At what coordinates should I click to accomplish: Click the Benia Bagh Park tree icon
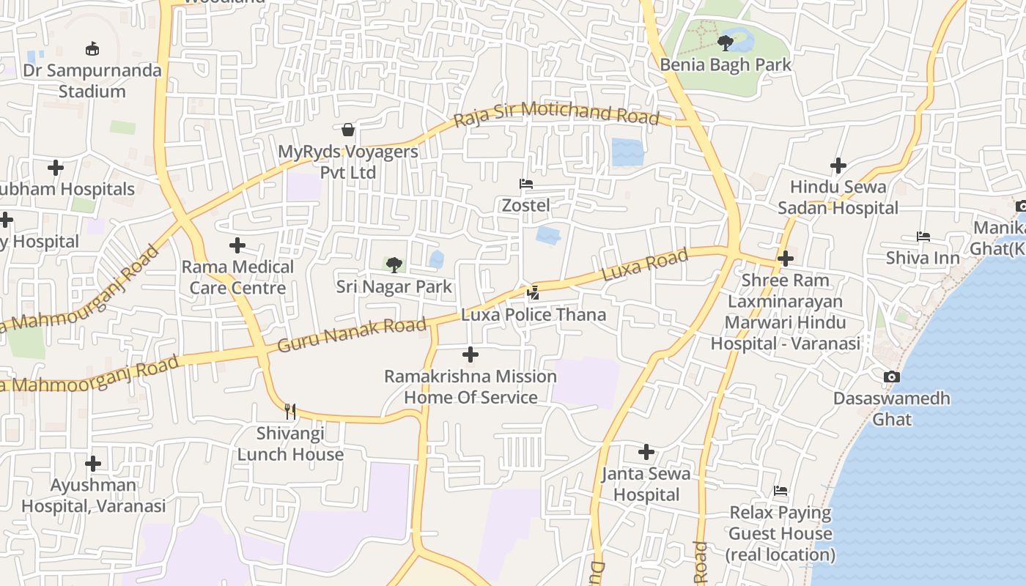[x=726, y=42]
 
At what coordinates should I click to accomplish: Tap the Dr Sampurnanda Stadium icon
[x=92, y=49]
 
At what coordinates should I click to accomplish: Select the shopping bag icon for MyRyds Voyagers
[x=348, y=130]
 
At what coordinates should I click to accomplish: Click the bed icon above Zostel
[x=525, y=184]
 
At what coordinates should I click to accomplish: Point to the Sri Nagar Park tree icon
[x=394, y=264]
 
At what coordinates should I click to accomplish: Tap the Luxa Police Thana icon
[x=533, y=293]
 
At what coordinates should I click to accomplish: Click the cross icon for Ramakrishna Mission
[x=470, y=355]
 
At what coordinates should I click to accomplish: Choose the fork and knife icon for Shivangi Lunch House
[x=290, y=411]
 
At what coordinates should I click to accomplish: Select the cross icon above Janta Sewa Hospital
[x=646, y=452]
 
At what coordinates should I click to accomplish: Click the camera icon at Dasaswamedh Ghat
[x=891, y=377]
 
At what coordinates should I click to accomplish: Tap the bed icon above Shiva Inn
[x=923, y=237]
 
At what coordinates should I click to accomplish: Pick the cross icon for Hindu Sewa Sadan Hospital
[x=838, y=166]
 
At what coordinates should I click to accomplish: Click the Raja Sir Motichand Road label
[x=556, y=114]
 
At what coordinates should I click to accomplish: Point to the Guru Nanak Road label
[x=353, y=335]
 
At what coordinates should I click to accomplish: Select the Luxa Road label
[x=645, y=264]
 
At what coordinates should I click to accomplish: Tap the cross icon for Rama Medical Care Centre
[x=237, y=245]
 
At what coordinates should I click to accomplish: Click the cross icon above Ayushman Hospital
[x=93, y=464]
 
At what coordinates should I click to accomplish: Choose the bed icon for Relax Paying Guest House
[x=780, y=491]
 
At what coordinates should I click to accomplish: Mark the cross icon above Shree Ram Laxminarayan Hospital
[x=786, y=259]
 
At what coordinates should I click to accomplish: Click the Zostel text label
[x=525, y=206]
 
